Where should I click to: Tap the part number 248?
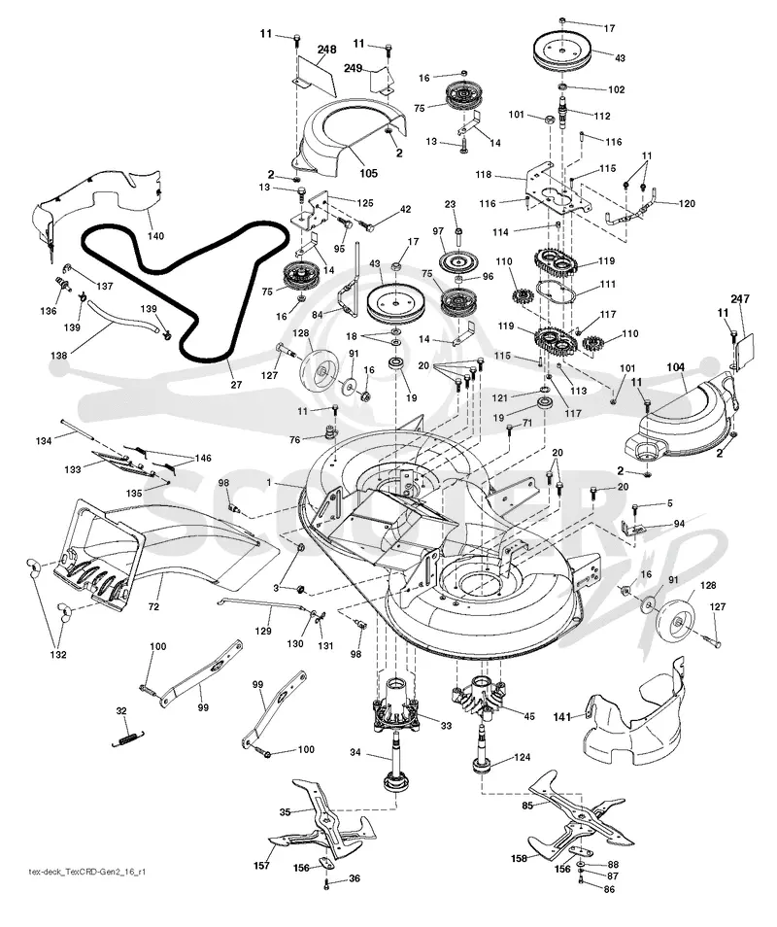click(x=326, y=49)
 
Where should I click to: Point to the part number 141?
click(x=562, y=716)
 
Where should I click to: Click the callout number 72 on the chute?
click(x=153, y=607)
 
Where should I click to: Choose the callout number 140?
click(x=155, y=236)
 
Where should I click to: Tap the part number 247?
click(x=740, y=299)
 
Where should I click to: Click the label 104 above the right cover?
click(x=675, y=367)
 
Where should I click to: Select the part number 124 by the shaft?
click(x=522, y=757)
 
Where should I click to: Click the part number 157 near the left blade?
click(x=261, y=866)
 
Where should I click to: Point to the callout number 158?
click(x=519, y=858)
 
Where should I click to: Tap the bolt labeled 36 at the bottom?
click(x=326, y=884)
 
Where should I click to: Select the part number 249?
click(x=353, y=69)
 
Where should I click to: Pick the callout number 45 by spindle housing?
click(x=529, y=716)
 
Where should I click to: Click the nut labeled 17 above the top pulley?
click(x=562, y=20)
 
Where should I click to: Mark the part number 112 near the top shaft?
click(x=602, y=116)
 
